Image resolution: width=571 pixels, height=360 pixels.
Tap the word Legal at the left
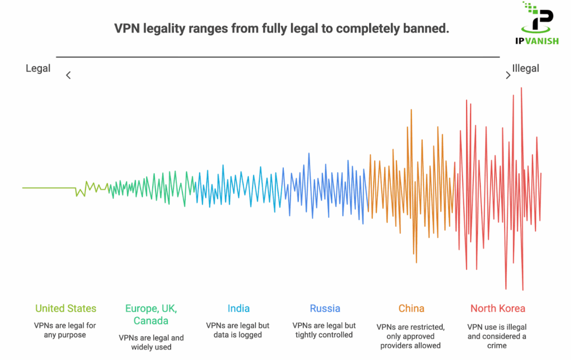click(x=38, y=69)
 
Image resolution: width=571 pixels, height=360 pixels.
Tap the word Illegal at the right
click(x=525, y=69)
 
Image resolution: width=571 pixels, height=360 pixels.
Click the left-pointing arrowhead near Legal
click(x=68, y=75)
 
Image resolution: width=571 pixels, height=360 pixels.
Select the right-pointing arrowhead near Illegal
click(x=507, y=75)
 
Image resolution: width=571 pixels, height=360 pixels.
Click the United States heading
click(x=66, y=308)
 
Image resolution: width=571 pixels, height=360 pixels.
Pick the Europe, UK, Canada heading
click(x=151, y=314)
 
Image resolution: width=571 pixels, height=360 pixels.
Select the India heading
click(x=239, y=308)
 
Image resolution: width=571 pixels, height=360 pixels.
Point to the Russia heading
click(x=325, y=308)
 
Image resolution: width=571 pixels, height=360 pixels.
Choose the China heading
click(x=411, y=308)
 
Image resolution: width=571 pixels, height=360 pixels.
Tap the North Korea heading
click(x=497, y=308)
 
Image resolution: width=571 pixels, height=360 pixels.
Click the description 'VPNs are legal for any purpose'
click(x=66, y=330)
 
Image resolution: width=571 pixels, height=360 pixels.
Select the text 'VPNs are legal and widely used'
click(x=151, y=342)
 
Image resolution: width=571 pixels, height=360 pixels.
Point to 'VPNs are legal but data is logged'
click(x=239, y=330)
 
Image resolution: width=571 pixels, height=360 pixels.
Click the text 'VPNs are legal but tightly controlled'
click(x=325, y=330)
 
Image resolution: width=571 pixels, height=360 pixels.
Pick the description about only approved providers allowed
click(x=411, y=336)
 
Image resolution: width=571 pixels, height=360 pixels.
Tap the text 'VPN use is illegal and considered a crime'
click(x=497, y=336)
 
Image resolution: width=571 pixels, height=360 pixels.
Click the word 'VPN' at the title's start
click(x=126, y=28)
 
